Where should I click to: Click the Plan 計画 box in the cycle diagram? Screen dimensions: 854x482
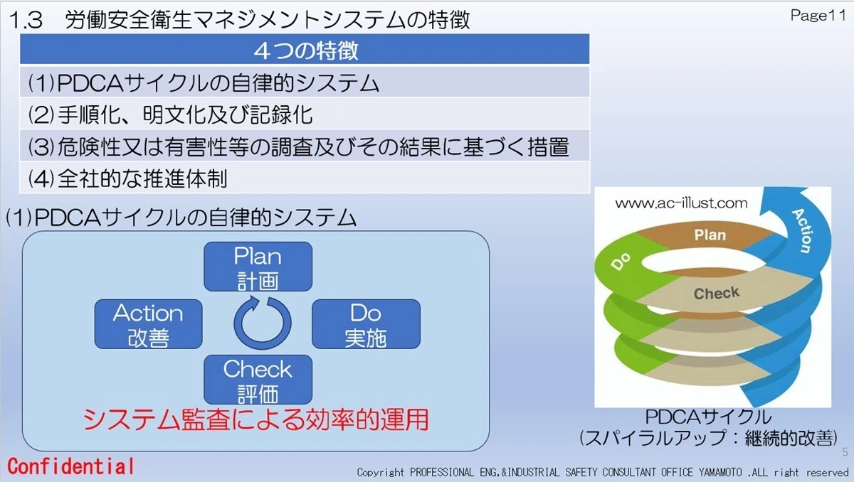click(x=258, y=267)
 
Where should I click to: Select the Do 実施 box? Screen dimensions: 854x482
click(x=366, y=324)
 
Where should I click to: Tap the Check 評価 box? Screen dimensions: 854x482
click(x=258, y=380)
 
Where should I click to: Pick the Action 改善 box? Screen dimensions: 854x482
click(x=148, y=324)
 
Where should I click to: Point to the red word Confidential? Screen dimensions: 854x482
click(x=71, y=466)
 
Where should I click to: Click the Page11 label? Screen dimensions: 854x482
click(x=818, y=16)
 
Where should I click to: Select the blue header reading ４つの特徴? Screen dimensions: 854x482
click(x=305, y=49)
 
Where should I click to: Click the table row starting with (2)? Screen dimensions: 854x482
click(x=305, y=114)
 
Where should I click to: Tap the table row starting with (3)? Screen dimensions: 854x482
click(x=305, y=146)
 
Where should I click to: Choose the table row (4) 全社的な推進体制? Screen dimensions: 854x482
click(x=305, y=178)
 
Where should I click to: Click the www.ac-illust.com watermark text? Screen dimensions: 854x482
click(x=681, y=203)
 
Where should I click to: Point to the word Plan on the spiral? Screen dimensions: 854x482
click(x=710, y=235)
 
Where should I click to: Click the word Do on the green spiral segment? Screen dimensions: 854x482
click(x=621, y=261)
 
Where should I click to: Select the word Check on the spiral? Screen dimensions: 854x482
click(x=717, y=293)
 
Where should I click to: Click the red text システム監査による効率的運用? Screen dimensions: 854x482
click(x=255, y=419)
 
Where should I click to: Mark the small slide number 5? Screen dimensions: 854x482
click(x=845, y=452)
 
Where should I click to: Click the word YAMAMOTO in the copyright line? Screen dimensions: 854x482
click(x=720, y=473)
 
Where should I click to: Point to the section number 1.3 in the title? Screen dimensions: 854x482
click(x=26, y=20)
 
